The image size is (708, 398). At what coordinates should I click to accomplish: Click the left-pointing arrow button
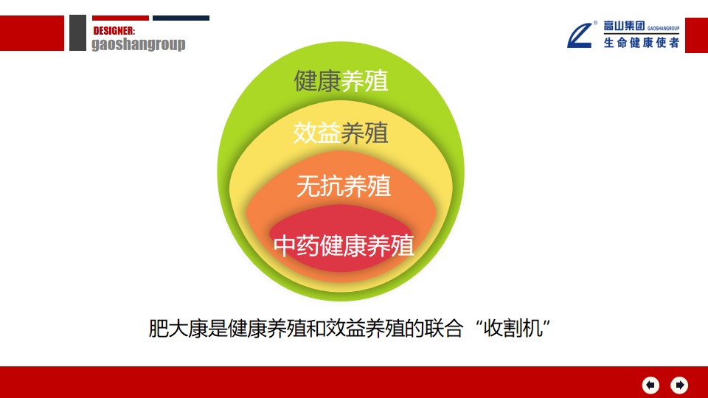650,385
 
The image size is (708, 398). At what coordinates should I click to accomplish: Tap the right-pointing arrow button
679,385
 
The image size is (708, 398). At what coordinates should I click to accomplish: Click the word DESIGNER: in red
114,31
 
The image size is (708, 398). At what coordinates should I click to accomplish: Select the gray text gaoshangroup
138,44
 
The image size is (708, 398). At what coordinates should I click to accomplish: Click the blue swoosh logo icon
580,35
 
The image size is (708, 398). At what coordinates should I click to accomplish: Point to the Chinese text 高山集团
624,26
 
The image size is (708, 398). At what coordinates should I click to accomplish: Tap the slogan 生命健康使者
642,43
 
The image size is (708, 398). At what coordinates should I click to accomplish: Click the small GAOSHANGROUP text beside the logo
663,28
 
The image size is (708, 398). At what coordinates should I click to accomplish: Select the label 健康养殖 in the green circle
341,81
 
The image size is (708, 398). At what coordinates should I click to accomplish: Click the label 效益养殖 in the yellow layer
341,133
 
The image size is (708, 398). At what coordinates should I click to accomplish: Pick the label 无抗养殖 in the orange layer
344,186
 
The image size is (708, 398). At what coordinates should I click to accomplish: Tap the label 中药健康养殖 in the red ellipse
344,246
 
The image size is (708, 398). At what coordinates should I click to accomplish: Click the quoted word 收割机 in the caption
513,329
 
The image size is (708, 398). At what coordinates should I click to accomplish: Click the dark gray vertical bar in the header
77,32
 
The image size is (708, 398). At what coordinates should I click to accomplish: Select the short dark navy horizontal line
181,18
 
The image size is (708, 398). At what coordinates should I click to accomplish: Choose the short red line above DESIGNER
120,18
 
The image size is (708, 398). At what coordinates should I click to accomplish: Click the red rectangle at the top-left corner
32,33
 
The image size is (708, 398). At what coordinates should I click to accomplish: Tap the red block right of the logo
697,35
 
